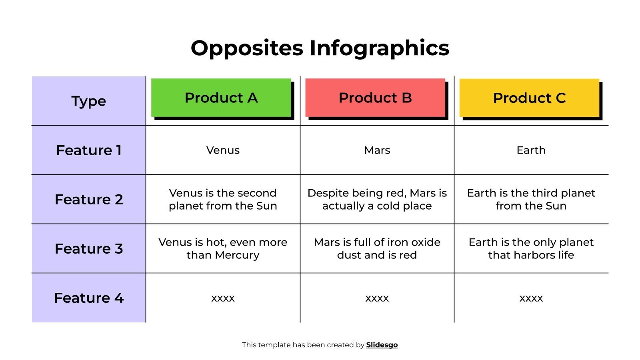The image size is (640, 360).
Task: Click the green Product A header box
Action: click(x=221, y=98)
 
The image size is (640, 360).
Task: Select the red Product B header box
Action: click(x=375, y=98)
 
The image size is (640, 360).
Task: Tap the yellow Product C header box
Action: click(x=529, y=98)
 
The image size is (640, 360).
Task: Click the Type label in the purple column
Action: click(x=89, y=101)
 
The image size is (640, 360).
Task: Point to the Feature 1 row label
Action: click(x=89, y=150)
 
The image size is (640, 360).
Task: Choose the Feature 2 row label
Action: click(x=89, y=200)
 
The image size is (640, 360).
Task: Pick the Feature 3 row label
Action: click(x=89, y=249)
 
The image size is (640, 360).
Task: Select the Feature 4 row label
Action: click(x=89, y=298)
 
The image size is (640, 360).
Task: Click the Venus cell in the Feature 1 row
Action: click(x=223, y=150)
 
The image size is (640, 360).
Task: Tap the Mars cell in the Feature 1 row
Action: click(x=377, y=150)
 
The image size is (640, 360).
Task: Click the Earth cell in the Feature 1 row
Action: click(x=531, y=150)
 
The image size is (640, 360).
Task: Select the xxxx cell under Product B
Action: click(x=377, y=298)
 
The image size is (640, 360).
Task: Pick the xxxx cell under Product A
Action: click(x=223, y=298)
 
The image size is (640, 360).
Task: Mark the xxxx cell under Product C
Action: click(x=531, y=298)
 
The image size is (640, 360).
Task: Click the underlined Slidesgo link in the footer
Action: click(x=382, y=345)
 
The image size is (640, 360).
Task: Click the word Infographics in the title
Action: click(x=379, y=48)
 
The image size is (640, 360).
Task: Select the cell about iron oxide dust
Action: click(x=377, y=249)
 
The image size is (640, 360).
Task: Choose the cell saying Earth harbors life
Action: click(x=531, y=249)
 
